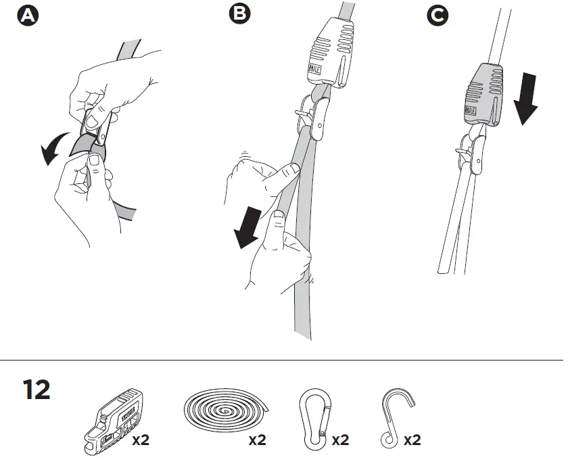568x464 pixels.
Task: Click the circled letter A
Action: [28, 16]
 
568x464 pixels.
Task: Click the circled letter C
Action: [439, 16]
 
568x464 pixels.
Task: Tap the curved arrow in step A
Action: [53, 146]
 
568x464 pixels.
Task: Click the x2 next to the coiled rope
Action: [257, 440]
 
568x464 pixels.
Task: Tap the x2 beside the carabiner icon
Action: [340, 440]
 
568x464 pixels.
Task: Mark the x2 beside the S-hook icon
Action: [412, 440]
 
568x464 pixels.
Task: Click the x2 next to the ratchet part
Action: [141, 440]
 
